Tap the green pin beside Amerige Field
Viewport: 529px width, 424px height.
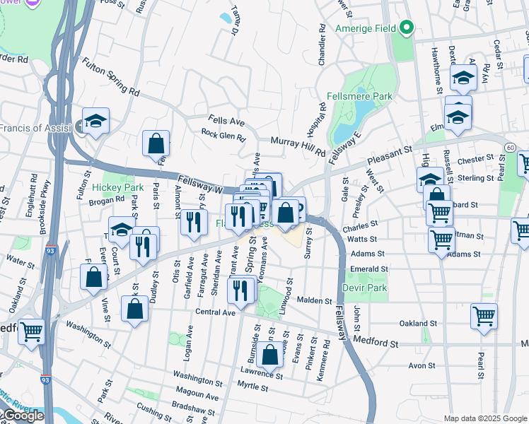406,28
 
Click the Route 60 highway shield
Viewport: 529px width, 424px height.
510,146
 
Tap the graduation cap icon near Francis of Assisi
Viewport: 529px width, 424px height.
96,122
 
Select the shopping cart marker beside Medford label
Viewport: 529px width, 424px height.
31,331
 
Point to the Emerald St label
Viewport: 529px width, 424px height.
370,269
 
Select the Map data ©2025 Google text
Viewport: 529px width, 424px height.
485,418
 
